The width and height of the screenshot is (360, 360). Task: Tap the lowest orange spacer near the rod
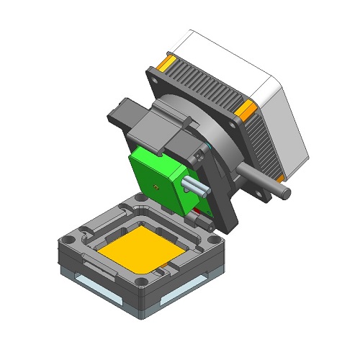279,176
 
